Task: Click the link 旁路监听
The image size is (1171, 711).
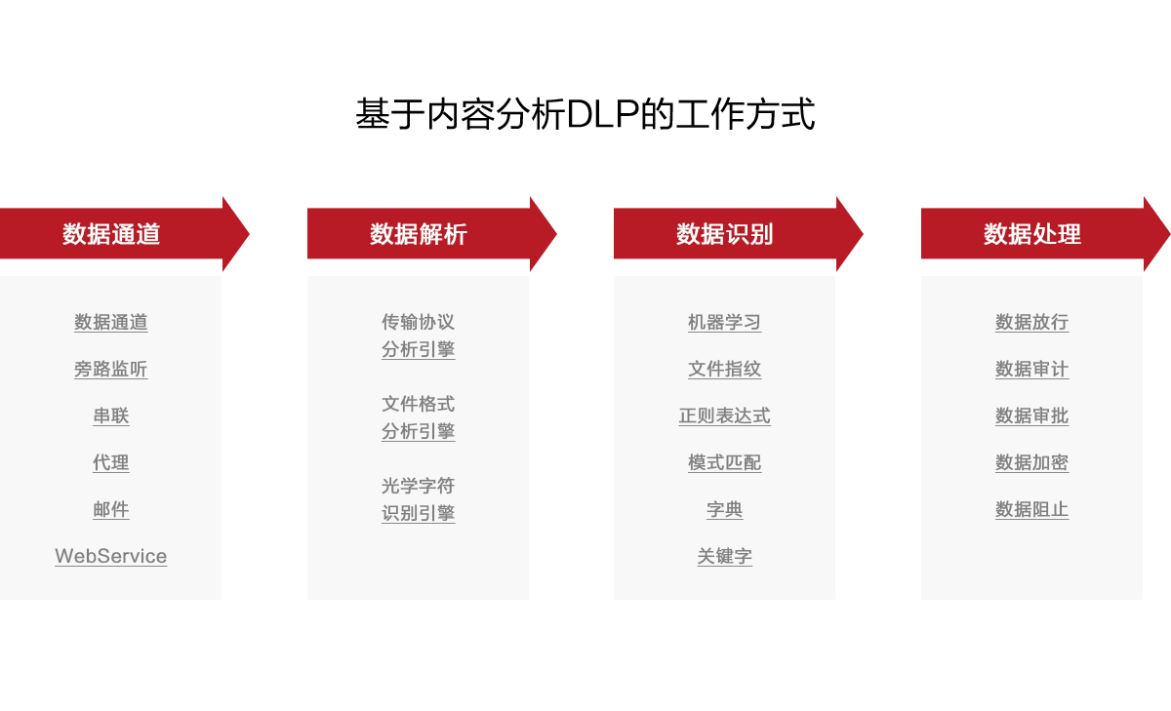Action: click(111, 370)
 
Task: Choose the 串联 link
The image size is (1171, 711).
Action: click(111, 416)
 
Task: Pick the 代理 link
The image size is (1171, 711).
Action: click(111, 463)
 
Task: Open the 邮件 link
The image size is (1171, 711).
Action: click(111, 510)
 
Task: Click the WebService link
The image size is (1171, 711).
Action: click(111, 557)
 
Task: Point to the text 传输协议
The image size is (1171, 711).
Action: click(418, 323)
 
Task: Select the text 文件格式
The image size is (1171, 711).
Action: click(418, 405)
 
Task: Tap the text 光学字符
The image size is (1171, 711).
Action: click(418, 487)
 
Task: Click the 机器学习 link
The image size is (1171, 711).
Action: click(724, 323)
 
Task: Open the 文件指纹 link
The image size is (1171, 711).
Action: click(724, 370)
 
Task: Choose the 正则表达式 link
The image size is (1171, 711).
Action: click(724, 416)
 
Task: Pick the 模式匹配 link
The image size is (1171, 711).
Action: click(724, 463)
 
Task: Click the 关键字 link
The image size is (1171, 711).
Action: click(724, 557)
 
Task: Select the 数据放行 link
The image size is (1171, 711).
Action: click(1031, 323)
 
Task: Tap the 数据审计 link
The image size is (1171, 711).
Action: click(1031, 370)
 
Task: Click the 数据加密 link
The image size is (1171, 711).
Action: click(1031, 463)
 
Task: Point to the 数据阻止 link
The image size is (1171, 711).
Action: click(1031, 510)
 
